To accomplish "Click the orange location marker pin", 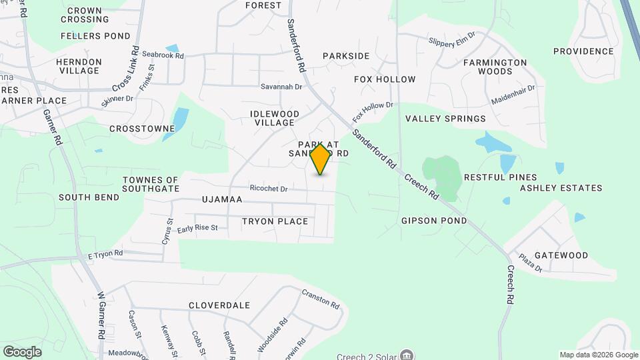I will pyautogui.click(x=320, y=159).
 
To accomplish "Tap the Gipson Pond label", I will pyautogui.click(x=434, y=221).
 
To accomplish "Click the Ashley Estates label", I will pyautogui.click(x=561, y=188).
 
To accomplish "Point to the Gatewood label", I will pyautogui.click(x=561, y=255).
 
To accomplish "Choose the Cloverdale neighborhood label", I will pyautogui.click(x=219, y=305).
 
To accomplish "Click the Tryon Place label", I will pyautogui.click(x=275, y=221).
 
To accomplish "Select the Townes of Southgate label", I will pyautogui.click(x=151, y=185).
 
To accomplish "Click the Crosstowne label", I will pyautogui.click(x=137, y=128).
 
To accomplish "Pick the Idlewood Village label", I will pyautogui.click(x=272, y=118).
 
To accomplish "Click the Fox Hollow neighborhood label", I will pyautogui.click(x=385, y=79).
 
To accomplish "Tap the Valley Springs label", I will pyautogui.click(x=445, y=119).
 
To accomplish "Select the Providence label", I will pyautogui.click(x=583, y=51).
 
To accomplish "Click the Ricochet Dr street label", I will pyautogui.click(x=268, y=189).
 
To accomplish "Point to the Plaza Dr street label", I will pyautogui.click(x=531, y=262).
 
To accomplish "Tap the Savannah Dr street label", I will pyautogui.click(x=281, y=87).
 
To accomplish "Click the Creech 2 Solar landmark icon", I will pyautogui.click(x=408, y=355).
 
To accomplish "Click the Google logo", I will pyautogui.click(x=22, y=351).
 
